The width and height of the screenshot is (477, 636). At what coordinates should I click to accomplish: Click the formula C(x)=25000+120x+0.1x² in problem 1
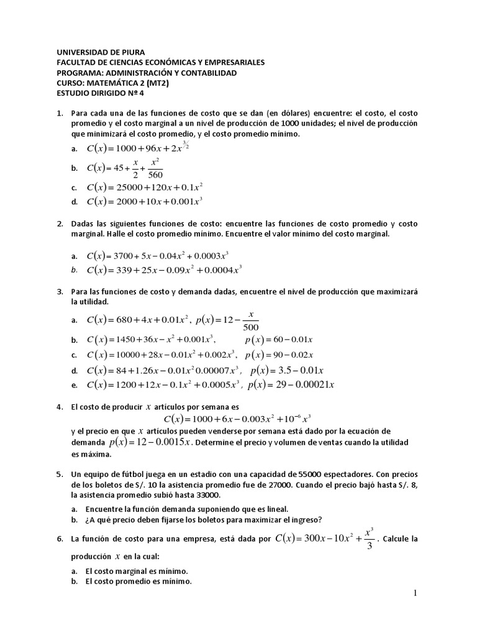pos(145,186)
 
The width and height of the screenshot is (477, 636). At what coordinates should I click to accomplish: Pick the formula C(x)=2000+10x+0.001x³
pos(145,201)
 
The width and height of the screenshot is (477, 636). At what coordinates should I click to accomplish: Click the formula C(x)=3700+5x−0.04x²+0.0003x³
pos(164,255)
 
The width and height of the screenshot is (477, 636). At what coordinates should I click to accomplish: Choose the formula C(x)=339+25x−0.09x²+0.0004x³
pos(164,270)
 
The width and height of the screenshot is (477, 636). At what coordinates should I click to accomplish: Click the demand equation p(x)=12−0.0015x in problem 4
pos(152,442)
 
